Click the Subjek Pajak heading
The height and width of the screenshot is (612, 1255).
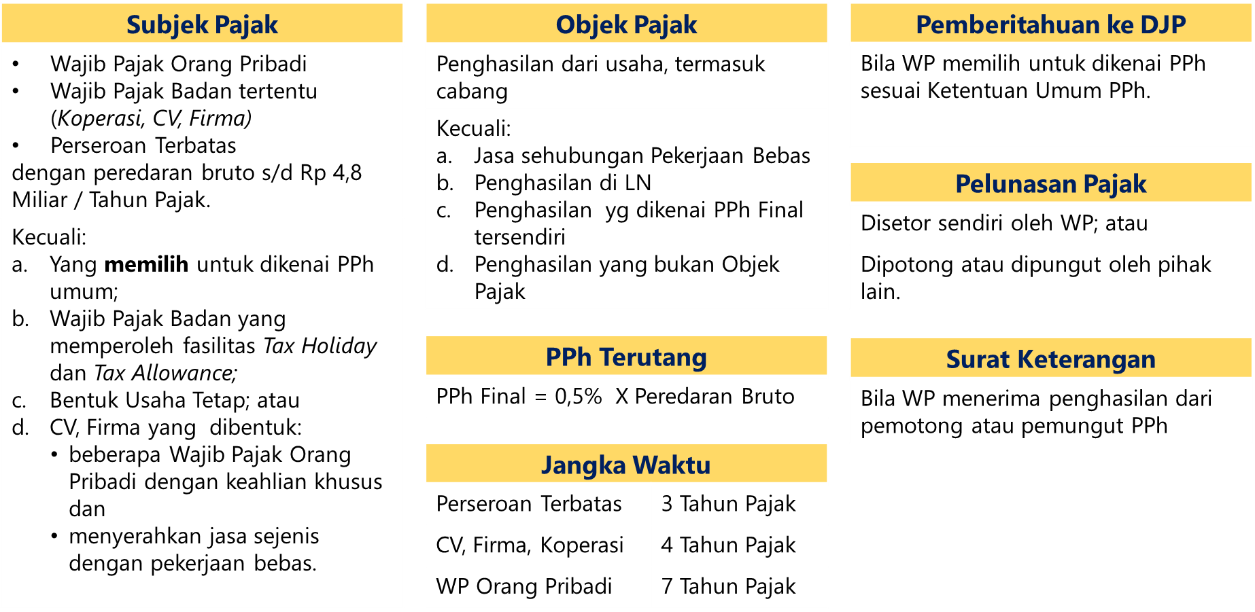[202, 24]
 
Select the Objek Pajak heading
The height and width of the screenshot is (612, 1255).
[626, 24]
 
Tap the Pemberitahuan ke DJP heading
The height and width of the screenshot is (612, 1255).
[1050, 24]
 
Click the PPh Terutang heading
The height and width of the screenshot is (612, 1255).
[626, 357]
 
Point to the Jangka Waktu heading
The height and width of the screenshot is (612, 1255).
[626, 465]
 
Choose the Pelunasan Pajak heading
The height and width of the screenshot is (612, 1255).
[1050, 183]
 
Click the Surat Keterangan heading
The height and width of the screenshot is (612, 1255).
[1050, 359]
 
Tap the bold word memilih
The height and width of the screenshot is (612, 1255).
[146, 264]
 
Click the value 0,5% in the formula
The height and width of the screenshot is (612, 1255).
[579, 396]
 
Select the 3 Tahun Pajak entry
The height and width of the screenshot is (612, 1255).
[728, 504]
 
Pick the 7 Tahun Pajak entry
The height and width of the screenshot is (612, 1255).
[728, 586]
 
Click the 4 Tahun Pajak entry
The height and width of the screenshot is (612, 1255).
[728, 545]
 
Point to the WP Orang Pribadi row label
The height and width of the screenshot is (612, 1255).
[524, 586]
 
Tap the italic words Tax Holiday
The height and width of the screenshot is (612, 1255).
[320, 346]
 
